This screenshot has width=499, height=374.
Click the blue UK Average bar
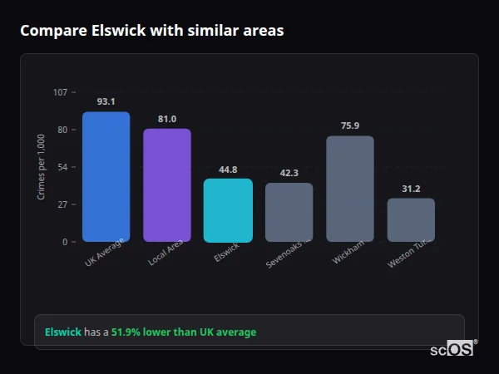(x=106, y=177)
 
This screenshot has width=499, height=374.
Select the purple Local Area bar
(x=166, y=185)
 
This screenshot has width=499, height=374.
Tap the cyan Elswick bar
(x=228, y=210)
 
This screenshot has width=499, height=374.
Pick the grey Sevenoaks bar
(x=289, y=213)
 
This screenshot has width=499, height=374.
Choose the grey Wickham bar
(x=349, y=189)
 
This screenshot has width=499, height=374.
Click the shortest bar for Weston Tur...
(x=411, y=220)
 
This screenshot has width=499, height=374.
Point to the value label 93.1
(x=106, y=101)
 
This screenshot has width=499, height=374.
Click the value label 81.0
(x=166, y=119)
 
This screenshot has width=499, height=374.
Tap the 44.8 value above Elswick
(x=228, y=169)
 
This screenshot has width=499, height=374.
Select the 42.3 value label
(x=289, y=173)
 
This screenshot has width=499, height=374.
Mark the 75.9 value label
(x=349, y=125)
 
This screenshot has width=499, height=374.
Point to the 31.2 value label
(x=411, y=189)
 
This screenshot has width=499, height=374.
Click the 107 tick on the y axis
(x=60, y=92)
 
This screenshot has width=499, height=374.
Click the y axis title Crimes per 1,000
(x=42, y=166)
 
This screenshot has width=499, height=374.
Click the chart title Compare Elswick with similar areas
(x=151, y=31)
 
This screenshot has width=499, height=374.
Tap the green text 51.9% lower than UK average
(x=184, y=332)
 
